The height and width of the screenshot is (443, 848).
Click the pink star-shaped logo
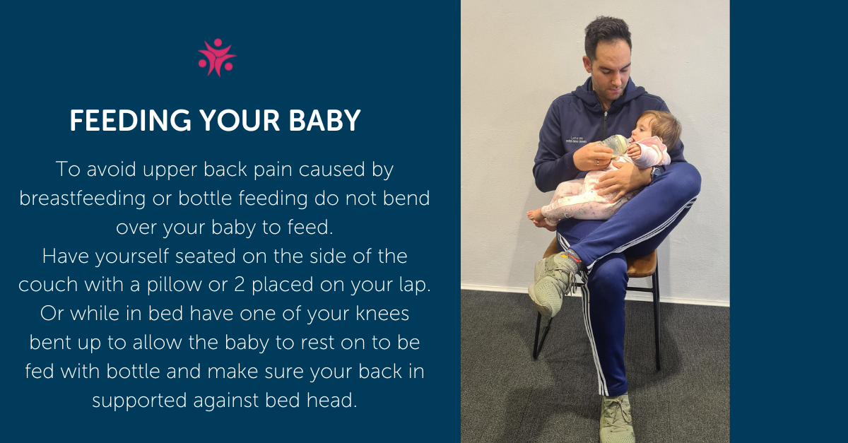[x=217, y=57]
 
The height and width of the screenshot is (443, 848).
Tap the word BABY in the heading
[x=324, y=121]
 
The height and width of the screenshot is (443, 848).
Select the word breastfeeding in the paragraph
[x=82, y=198]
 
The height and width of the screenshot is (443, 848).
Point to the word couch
[x=48, y=284]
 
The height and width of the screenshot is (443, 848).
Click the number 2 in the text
[x=239, y=284]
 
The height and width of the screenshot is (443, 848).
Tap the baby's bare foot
[x=536, y=217]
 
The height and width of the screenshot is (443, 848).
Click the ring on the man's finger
[x=598, y=162]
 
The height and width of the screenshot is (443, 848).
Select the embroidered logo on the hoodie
[x=576, y=140]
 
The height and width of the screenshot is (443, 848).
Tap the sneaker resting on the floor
[x=616, y=419]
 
